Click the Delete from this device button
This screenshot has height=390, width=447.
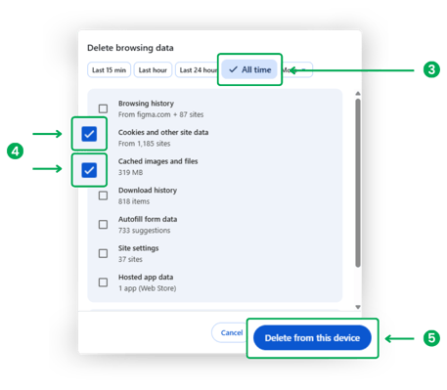coord(312,338)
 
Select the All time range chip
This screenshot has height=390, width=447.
coord(249,70)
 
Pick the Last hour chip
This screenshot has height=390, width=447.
coord(152,70)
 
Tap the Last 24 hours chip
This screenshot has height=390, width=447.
coord(199,70)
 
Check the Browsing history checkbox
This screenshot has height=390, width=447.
coord(103,108)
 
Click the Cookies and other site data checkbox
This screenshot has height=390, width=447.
coord(89,133)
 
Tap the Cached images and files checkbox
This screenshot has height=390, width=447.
coord(89,170)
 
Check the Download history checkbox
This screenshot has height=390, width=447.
coord(103,195)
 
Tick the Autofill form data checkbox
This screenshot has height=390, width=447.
coord(103,224)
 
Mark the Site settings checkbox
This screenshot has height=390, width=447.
coord(103,253)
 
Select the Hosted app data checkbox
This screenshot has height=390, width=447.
coord(103,282)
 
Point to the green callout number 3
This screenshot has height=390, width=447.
coord(431,69)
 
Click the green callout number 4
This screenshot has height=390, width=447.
coord(14,151)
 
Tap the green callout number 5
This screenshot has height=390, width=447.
coord(431,338)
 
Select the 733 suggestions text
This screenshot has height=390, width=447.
coord(145,230)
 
